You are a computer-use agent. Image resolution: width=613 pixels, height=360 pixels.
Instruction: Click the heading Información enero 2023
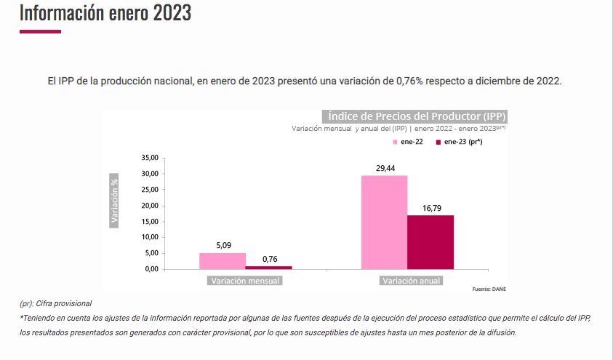click(x=105, y=12)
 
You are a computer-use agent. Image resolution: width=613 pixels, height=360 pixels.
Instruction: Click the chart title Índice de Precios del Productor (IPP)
click(x=416, y=116)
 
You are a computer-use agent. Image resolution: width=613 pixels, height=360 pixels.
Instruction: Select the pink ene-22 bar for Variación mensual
click(x=223, y=261)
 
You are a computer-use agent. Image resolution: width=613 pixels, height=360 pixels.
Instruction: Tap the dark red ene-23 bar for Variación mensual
click(x=268, y=267)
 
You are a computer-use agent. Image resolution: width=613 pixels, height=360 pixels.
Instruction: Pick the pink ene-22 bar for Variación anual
click(x=384, y=222)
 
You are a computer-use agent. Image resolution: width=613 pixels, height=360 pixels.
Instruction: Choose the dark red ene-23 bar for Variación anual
click(x=430, y=242)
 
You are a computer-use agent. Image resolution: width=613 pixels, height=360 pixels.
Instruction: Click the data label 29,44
click(x=385, y=168)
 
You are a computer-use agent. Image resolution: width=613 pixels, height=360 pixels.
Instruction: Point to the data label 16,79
click(x=431, y=208)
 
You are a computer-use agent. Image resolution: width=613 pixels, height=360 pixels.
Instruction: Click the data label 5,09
click(x=223, y=245)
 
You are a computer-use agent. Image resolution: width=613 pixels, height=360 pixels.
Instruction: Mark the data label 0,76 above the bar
click(x=269, y=259)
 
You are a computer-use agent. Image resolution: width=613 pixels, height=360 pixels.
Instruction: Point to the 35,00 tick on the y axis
click(x=148, y=158)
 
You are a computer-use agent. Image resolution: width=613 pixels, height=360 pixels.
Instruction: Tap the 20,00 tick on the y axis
click(x=148, y=206)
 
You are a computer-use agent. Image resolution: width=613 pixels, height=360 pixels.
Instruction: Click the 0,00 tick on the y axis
click(x=151, y=269)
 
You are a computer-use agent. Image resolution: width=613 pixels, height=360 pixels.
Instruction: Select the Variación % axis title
click(x=114, y=200)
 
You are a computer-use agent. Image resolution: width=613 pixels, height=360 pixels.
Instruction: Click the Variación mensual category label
click(x=245, y=281)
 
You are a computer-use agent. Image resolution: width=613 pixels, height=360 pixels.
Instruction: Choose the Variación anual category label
click(x=410, y=281)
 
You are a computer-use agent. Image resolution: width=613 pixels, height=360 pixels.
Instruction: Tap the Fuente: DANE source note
click(x=486, y=289)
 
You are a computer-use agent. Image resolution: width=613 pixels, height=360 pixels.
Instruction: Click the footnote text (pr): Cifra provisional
click(x=55, y=303)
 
